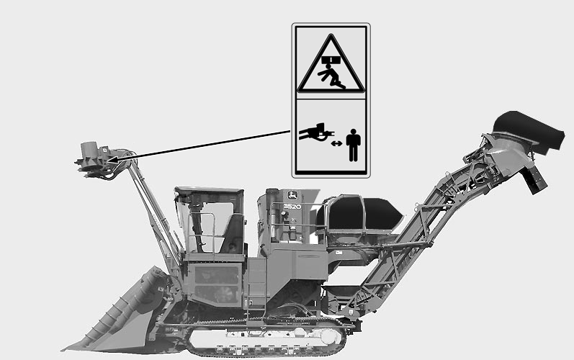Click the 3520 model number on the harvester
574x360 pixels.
click(292, 207)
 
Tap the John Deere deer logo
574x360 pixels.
click(292, 195)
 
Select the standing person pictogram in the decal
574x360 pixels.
click(354, 145)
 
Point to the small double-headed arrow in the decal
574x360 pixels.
click(336, 143)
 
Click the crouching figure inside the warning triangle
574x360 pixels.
click(331, 76)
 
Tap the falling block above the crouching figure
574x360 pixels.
click(331, 59)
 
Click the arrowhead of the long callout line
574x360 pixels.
click(114, 160)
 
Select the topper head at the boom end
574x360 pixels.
click(94, 159)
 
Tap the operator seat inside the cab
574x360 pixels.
click(232, 234)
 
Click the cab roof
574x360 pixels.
click(209, 191)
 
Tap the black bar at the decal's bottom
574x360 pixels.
click(331, 172)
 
